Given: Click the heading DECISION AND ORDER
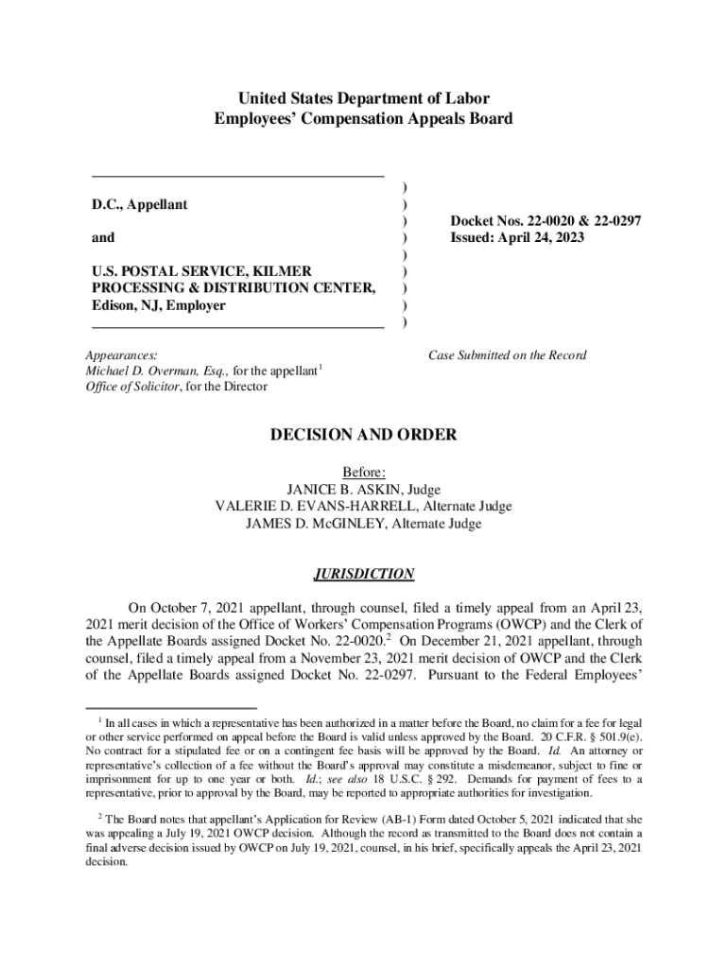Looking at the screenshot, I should tap(364, 435).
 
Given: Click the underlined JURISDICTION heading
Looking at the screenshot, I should tap(363, 574).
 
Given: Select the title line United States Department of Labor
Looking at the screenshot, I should tap(363, 98).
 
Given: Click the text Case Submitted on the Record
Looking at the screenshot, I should tap(508, 355).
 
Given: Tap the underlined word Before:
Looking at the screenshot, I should tap(363, 473).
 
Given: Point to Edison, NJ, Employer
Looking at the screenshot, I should tap(159, 305).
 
